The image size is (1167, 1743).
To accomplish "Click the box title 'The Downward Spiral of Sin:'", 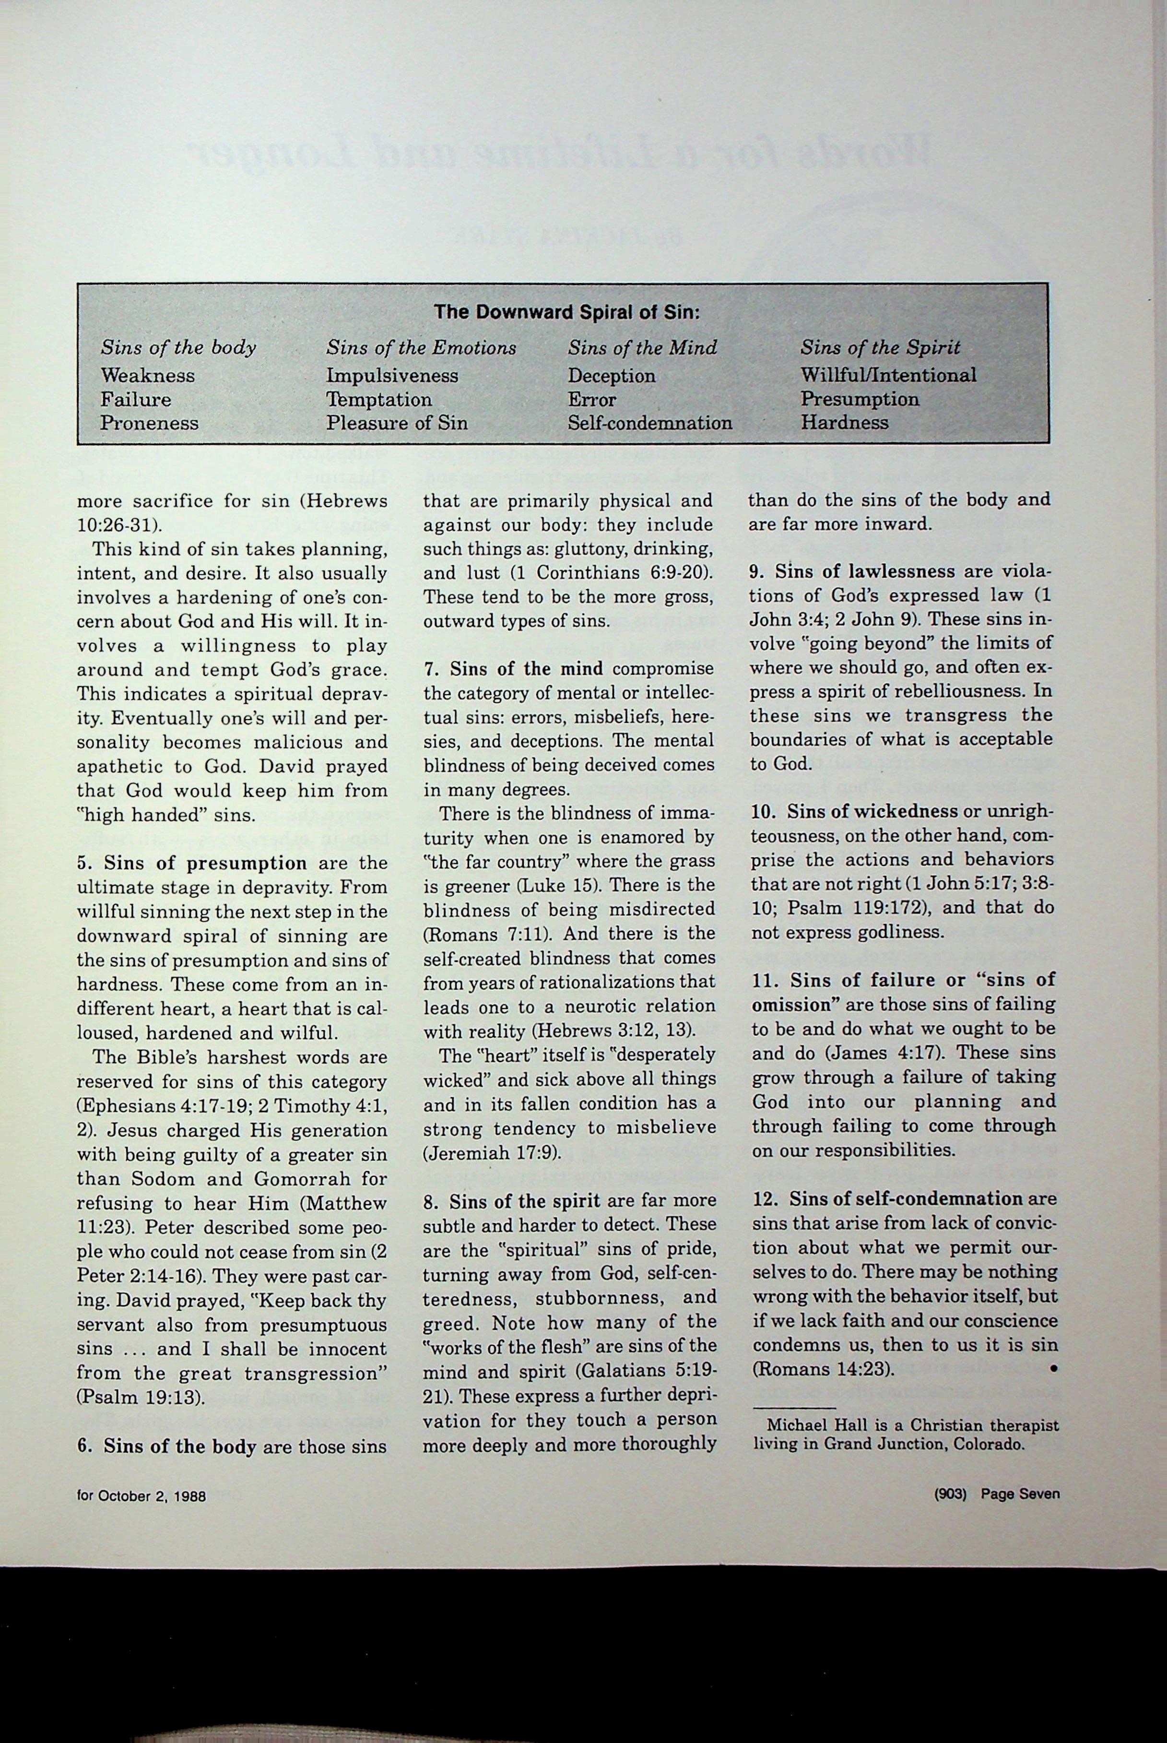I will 567,312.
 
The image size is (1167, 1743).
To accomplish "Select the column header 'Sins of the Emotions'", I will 421,347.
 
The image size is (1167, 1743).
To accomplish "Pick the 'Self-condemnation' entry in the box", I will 650,423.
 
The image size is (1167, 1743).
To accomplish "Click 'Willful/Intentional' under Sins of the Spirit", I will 888,375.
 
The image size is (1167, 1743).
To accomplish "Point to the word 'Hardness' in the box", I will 844,422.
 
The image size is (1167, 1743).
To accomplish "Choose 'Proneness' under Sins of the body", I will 150,423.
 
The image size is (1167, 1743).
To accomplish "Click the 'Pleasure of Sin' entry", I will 397,423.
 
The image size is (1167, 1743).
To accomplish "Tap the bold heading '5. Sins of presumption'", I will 192,863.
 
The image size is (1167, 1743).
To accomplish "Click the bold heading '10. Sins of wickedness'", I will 854,811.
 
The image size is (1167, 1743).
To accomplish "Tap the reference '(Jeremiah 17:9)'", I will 491,1153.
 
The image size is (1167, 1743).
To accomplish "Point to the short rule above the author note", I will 793,1407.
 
